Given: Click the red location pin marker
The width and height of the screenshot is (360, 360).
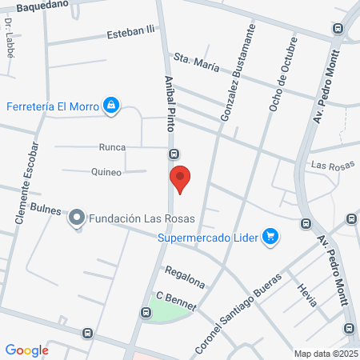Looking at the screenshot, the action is (180, 178).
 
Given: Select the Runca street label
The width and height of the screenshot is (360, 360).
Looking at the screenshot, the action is (112, 147).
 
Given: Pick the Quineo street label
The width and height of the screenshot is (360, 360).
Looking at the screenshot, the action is (106, 172).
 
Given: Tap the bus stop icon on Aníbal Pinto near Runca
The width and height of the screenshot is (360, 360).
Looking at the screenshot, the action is (173, 154).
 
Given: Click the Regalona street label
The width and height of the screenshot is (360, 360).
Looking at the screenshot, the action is (186, 277).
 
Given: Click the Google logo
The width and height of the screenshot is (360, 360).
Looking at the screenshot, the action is (27, 350).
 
